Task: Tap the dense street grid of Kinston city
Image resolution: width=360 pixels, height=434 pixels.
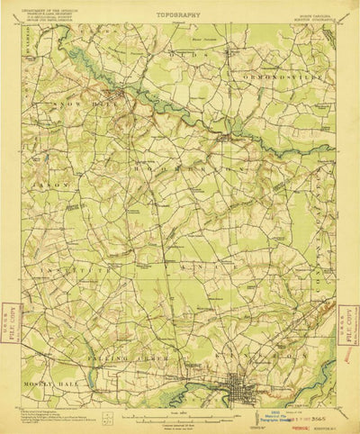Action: [241, 384]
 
